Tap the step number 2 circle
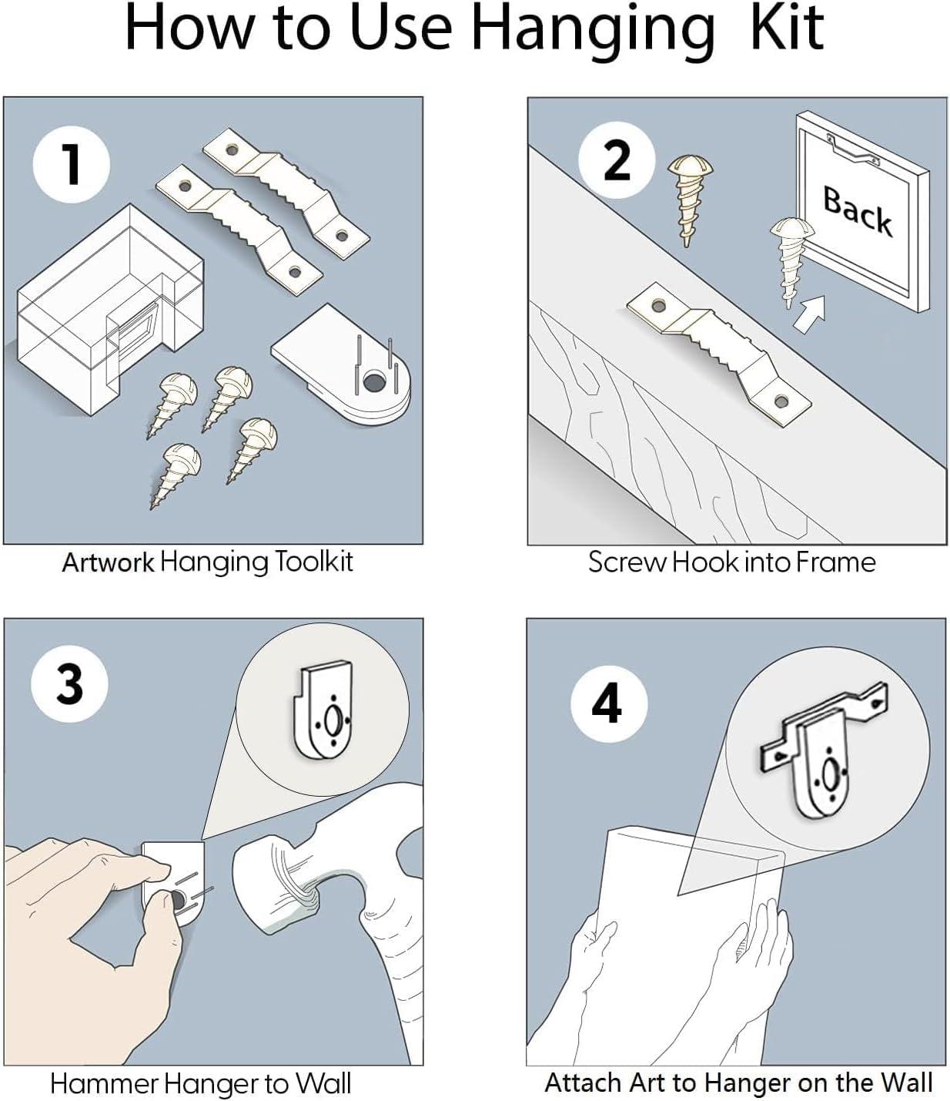[616, 160]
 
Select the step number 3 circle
[69, 683]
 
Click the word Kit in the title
[786, 29]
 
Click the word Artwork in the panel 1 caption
[108, 562]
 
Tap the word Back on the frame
[858, 210]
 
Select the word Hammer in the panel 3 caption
[94, 1084]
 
